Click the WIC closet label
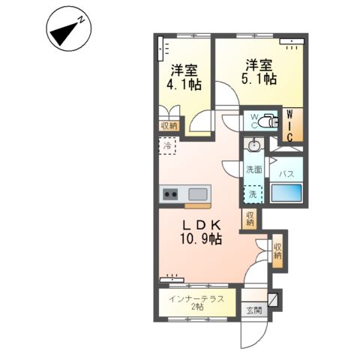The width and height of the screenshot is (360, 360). pos(291,125)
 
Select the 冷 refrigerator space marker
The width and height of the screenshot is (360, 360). pos(167,147)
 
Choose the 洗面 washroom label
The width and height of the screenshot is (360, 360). pos(254,169)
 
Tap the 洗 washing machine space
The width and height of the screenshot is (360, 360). pos(253,194)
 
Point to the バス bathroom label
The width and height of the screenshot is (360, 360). pos(286,174)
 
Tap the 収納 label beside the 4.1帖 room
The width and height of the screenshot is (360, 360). pos(169,126)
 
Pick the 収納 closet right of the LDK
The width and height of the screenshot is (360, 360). pos(278,250)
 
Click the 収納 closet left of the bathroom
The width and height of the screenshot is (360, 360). pos(249,218)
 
